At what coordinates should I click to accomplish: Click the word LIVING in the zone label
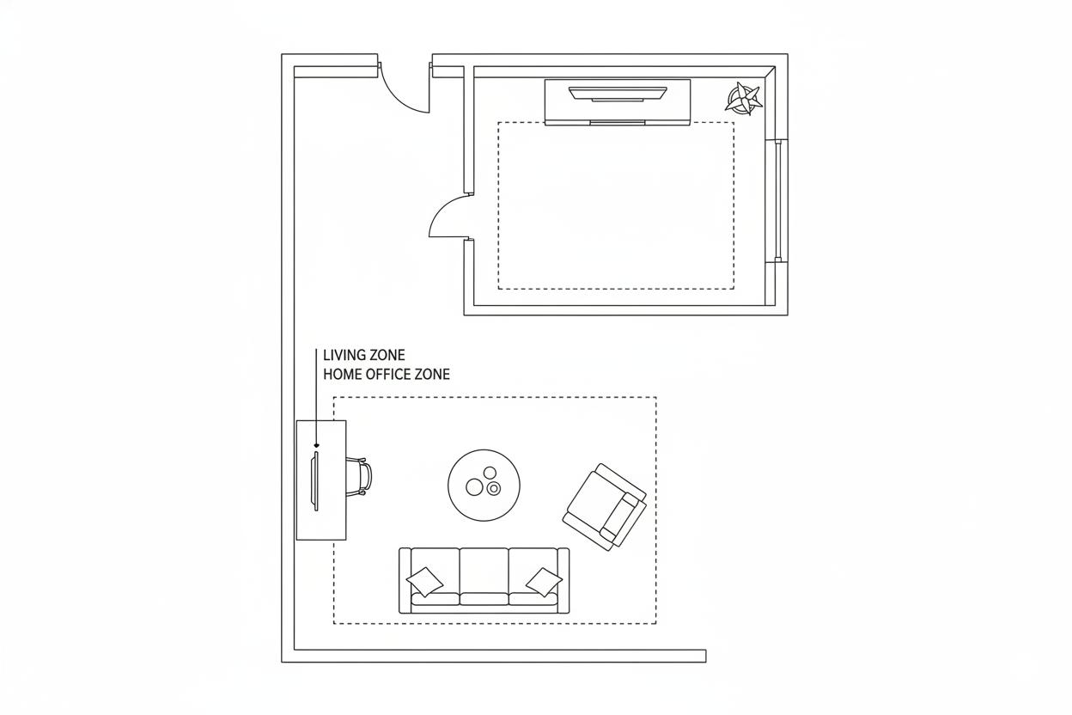343,355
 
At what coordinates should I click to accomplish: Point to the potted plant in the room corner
744,99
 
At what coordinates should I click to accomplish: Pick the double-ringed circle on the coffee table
494,489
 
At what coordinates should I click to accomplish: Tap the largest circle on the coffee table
474,487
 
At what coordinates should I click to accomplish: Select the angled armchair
605,506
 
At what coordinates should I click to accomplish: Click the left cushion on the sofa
424,582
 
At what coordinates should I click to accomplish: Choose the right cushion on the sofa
544,582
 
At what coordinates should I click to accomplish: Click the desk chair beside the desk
360,476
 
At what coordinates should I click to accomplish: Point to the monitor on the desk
315,481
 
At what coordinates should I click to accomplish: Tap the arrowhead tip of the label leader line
316,445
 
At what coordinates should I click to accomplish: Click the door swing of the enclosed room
447,217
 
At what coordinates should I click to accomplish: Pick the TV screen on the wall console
618,92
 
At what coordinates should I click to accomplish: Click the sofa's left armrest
405,580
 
